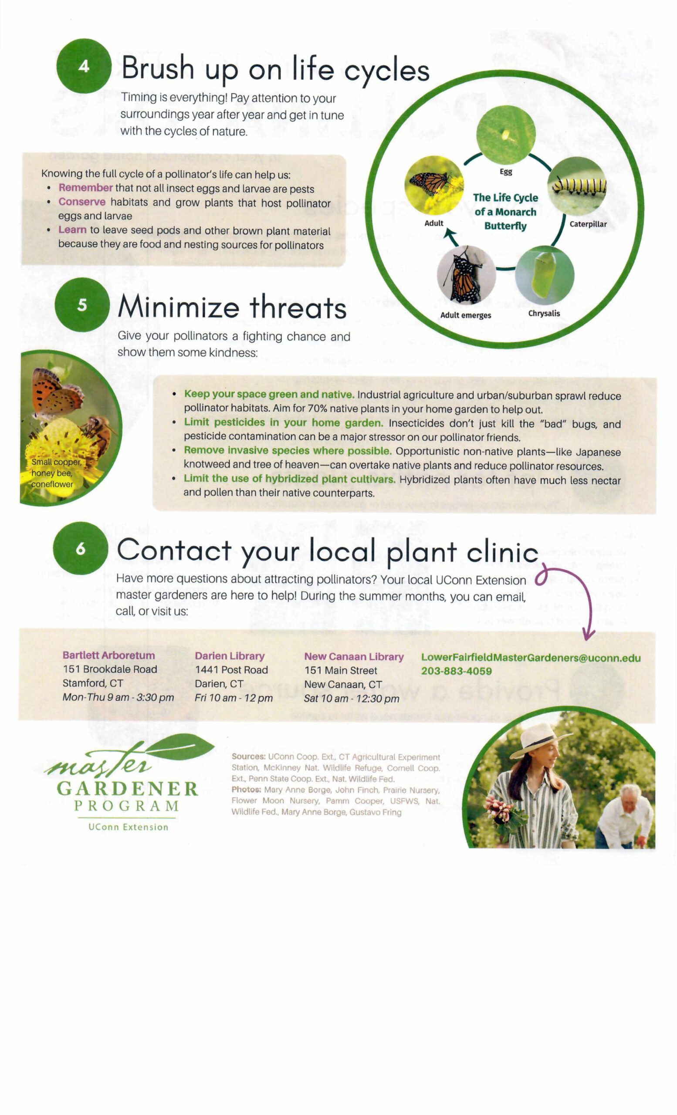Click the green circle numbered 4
click(x=84, y=66)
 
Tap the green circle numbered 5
click(x=82, y=304)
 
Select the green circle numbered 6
click(x=81, y=548)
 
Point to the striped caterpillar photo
click(x=576, y=186)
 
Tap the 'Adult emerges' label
click(x=466, y=315)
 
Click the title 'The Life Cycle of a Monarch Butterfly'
click(x=505, y=212)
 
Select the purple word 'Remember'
click(x=85, y=188)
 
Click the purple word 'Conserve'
click(x=82, y=202)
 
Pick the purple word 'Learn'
click(x=72, y=230)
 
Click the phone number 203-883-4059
click(x=456, y=671)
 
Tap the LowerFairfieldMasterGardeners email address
click(x=531, y=658)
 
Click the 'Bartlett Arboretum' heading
click(x=108, y=655)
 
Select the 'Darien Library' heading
click(x=230, y=656)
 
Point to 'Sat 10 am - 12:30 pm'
click(x=352, y=698)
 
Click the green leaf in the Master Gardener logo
click(x=180, y=747)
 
